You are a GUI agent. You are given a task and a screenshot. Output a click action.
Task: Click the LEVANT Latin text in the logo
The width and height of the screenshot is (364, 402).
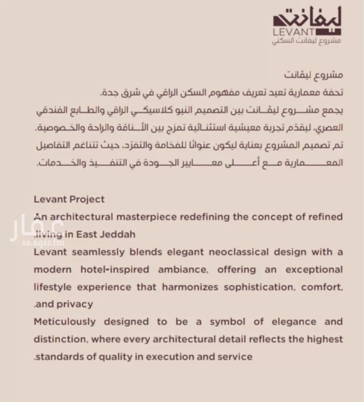(x=289, y=32)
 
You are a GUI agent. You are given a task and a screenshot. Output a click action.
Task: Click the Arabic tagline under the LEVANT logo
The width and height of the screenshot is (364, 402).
(x=306, y=41)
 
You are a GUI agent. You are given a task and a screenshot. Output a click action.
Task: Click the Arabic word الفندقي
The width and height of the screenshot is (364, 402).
(x=326, y=111)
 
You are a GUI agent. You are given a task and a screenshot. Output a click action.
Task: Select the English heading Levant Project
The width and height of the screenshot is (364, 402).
(x=69, y=199)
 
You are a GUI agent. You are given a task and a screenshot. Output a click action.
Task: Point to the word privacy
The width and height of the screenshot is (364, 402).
(x=75, y=304)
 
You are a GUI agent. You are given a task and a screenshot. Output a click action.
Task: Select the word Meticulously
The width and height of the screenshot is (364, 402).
(x=65, y=322)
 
